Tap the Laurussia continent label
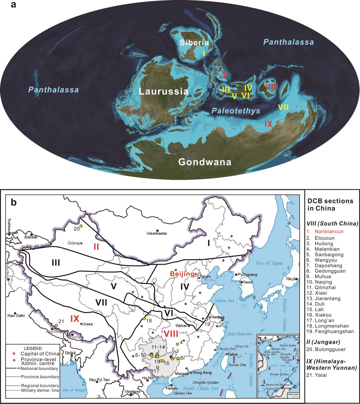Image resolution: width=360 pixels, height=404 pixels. [164, 92]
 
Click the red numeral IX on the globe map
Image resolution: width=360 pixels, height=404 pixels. [269, 124]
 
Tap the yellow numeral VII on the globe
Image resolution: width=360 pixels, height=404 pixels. [283, 107]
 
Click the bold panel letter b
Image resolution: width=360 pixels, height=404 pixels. [14, 202]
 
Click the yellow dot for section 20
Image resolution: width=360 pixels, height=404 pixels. [81, 226]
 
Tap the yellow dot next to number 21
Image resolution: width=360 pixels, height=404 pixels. [57, 325]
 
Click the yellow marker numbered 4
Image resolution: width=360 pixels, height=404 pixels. [177, 344]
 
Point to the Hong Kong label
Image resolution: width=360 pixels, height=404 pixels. [202, 373]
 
